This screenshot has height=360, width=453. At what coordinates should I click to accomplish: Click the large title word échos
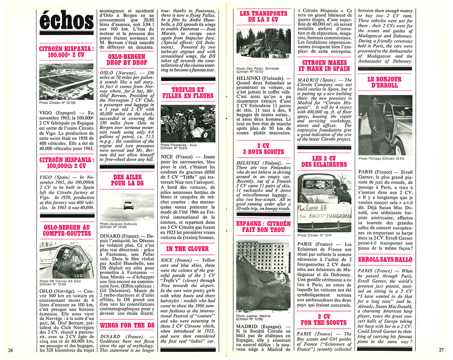click(x=66, y=21)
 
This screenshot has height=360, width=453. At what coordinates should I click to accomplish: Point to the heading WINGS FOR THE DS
click(x=121, y=325)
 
